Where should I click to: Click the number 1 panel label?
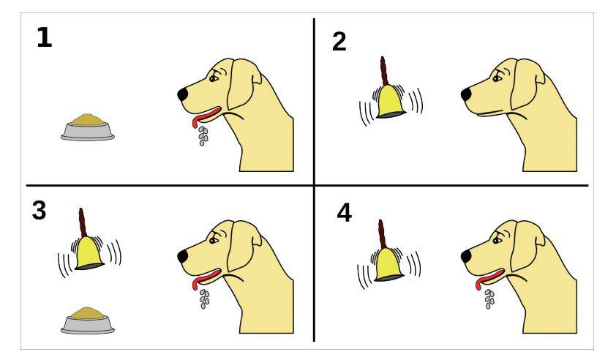point(44,37)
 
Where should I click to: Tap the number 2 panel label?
point(339,41)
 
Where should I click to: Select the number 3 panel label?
point(39,210)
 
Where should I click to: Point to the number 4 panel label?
point(344,214)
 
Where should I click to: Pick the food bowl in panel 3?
point(88,320)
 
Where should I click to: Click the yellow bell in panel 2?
point(391,102)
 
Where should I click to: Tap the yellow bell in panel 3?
point(89,253)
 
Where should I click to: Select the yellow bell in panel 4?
point(389,264)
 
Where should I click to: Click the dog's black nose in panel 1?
point(183,94)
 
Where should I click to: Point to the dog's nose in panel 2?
point(466,94)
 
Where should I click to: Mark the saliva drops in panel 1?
point(203,136)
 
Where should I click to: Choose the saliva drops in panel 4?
point(489,299)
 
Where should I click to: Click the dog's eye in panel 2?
point(497,78)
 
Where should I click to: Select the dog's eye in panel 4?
point(497,240)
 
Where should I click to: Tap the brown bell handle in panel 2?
point(384,71)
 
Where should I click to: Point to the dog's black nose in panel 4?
point(466,256)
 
